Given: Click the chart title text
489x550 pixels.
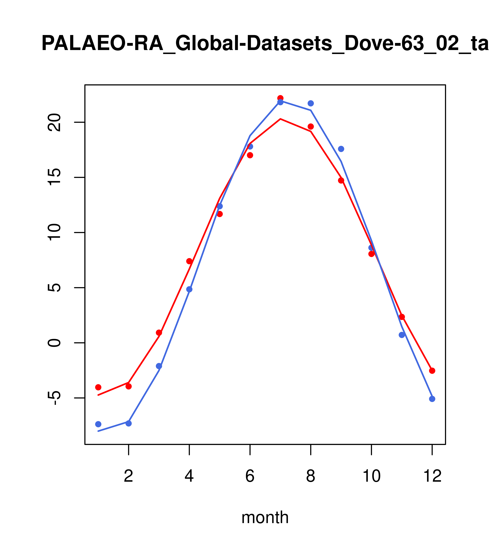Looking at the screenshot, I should point(265,44).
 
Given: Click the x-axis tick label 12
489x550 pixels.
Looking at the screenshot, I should point(432,476).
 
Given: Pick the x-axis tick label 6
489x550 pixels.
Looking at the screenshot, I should point(250,476).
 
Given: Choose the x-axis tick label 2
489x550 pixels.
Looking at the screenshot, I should point(129,476).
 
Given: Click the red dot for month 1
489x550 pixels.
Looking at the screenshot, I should point(98,387).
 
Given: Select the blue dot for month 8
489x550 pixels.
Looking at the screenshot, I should point(311,103).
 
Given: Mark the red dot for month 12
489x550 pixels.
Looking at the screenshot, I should point(432,371).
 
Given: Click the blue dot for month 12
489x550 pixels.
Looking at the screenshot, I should point(432,399).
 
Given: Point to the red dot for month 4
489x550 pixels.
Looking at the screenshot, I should point(189,261).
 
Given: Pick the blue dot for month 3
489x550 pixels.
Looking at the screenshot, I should point(159,366).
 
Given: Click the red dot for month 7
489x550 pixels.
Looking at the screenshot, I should point(280,98).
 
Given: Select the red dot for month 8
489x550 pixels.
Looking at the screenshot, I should point(311,126).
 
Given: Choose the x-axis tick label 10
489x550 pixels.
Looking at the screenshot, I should point(371,476).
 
